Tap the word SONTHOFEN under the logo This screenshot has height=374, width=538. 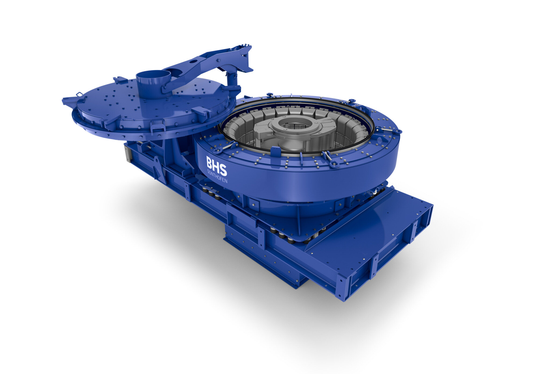[217, 176]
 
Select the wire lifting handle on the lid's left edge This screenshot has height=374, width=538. [79, 94]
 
